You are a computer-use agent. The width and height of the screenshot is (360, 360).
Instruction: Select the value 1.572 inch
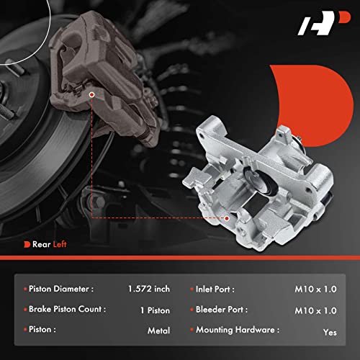click(150, 289)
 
